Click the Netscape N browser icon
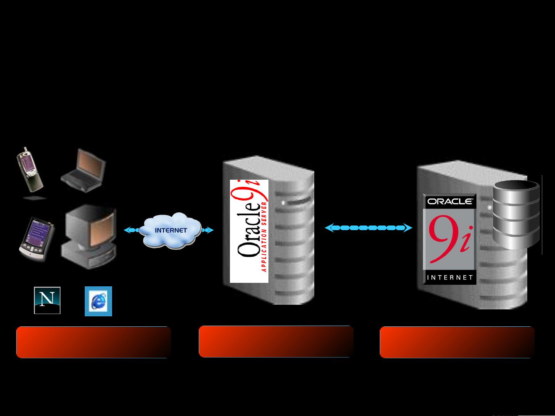[47, 300]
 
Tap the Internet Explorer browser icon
[98, 301]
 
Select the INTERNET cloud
[170, 230]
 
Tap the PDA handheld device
[36, 239]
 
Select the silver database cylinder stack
[516, 215]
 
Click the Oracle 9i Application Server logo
[249, 231]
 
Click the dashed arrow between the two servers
[368, 228]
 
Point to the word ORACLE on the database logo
[449, 201]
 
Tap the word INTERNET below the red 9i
[449, 277]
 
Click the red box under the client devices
[93, 342]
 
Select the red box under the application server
[276, 342]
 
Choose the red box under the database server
[457, 342]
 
